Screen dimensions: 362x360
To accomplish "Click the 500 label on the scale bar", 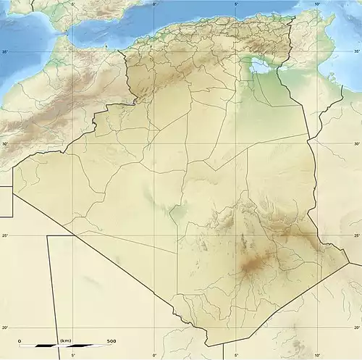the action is click(111, 341).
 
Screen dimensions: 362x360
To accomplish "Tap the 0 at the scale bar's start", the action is click(20, 341).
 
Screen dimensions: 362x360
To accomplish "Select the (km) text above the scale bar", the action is click(65, 340).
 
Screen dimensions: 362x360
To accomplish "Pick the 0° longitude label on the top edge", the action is click(155, 4).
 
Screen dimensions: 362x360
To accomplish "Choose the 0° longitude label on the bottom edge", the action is click(154, 355).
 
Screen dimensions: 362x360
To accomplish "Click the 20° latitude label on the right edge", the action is click(356, 327).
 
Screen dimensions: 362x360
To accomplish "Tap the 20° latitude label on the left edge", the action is click(5, 327).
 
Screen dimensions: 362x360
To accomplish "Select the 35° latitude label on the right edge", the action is click(356, 52).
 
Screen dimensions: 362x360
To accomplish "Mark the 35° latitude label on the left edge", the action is click(5, 52).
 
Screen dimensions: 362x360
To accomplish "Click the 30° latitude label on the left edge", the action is click(5, 143).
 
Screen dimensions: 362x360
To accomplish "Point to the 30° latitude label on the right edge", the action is click(356, 143).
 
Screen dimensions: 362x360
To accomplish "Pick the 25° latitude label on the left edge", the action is click(5, 235).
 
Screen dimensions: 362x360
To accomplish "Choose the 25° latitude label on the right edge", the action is click(356, 235).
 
